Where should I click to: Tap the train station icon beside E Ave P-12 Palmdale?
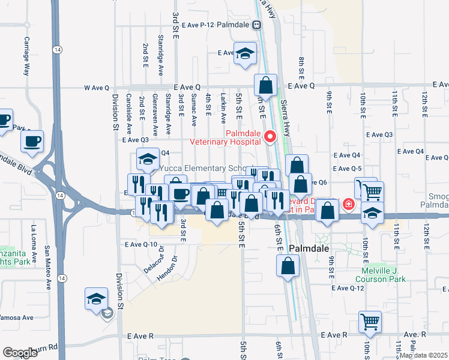[256, 25]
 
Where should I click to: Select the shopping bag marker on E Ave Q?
[265, 85]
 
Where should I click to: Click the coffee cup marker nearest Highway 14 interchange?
[32, 142]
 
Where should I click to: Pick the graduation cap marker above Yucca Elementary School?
[146, 160]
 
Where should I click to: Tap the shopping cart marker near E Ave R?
[370, 322]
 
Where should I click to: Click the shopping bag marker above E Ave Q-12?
[288, 266]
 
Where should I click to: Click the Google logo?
[20, 353]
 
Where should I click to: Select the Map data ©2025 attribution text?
[423, 355]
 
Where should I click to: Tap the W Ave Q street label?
[96, 88]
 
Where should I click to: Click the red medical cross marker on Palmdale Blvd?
[348, 205]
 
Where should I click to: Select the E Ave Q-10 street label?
[141, 244]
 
